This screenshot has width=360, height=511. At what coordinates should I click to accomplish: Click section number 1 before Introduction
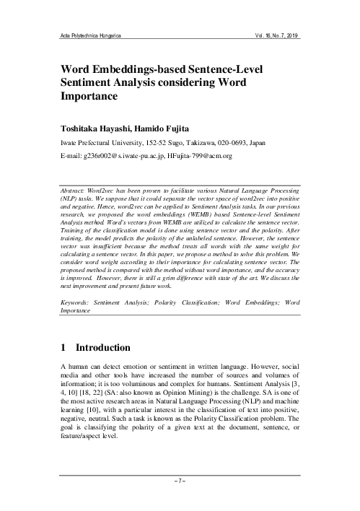point(64,347)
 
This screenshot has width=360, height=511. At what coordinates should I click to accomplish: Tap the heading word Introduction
point(105,347)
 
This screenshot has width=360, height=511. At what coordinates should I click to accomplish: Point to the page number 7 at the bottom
point(180,498)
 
